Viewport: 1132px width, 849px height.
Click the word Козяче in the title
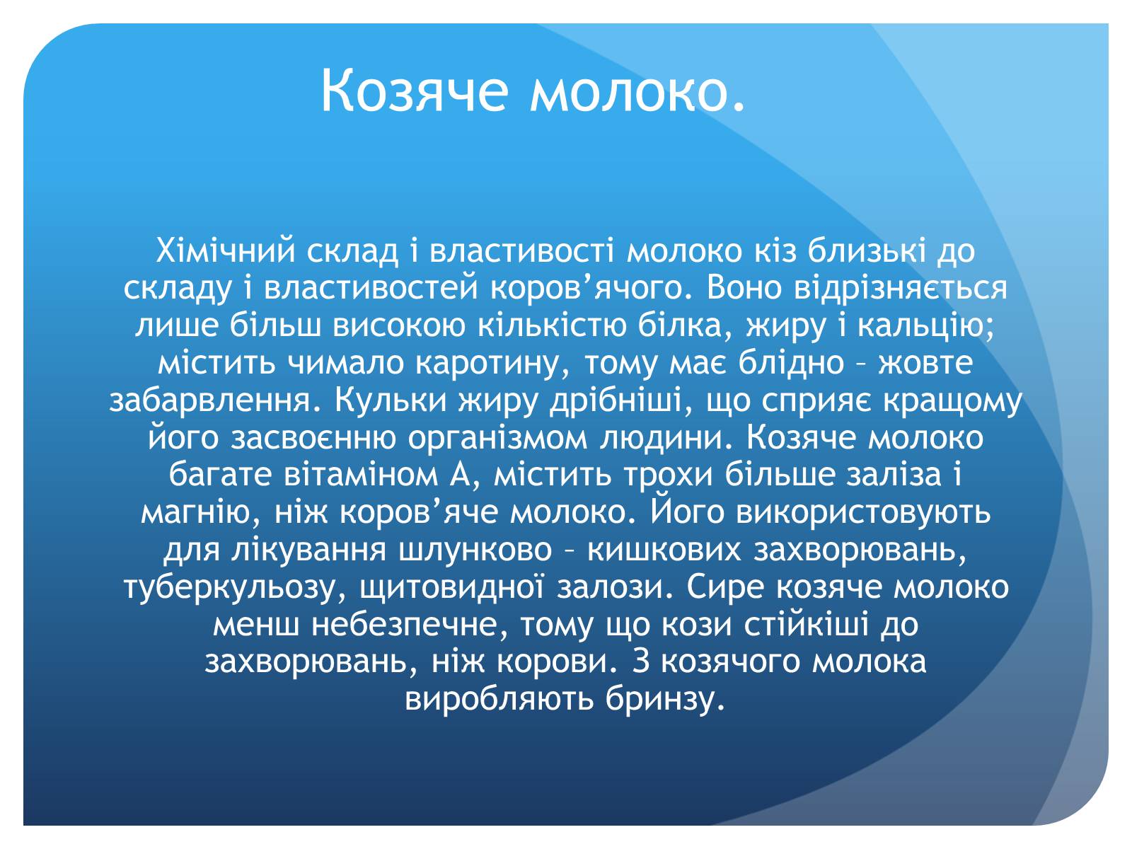[x=415, y=90]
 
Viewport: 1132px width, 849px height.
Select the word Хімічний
[x=226, y=250]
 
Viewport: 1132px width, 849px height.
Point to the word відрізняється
[x=901, y=289]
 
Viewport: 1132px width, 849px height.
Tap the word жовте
[x=925, y=363]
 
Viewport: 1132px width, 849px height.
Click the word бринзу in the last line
[x=666, y=700]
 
